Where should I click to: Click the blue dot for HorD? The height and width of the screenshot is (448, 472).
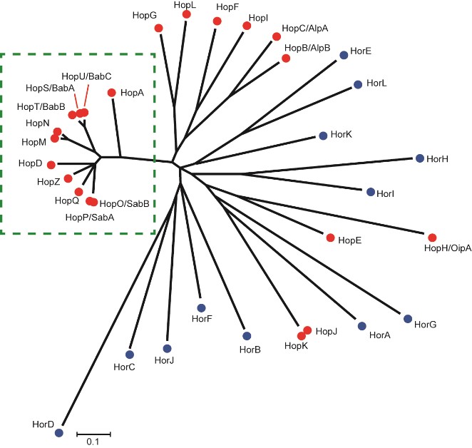click(59, 432)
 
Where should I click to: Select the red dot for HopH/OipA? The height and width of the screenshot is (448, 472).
click(432, 237)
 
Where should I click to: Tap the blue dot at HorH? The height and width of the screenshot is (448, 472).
click(419, 158)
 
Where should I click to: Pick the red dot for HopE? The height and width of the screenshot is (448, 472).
click(330, 237)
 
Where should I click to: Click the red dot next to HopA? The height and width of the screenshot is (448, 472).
click(111, 93)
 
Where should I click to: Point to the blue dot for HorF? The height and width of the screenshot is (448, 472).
click(201, 307)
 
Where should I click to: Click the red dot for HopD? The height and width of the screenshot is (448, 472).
click(51, 165)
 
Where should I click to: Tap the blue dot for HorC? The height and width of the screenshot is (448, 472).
click(130, 355)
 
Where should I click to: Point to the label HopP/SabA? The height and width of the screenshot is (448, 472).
click(89, 217)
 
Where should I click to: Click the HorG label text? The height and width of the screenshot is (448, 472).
click(425, 325)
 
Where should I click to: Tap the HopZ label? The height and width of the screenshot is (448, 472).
click(48, 183)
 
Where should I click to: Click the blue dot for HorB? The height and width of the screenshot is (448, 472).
click(247, 336)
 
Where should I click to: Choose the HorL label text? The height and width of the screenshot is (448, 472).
click(376, 84)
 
